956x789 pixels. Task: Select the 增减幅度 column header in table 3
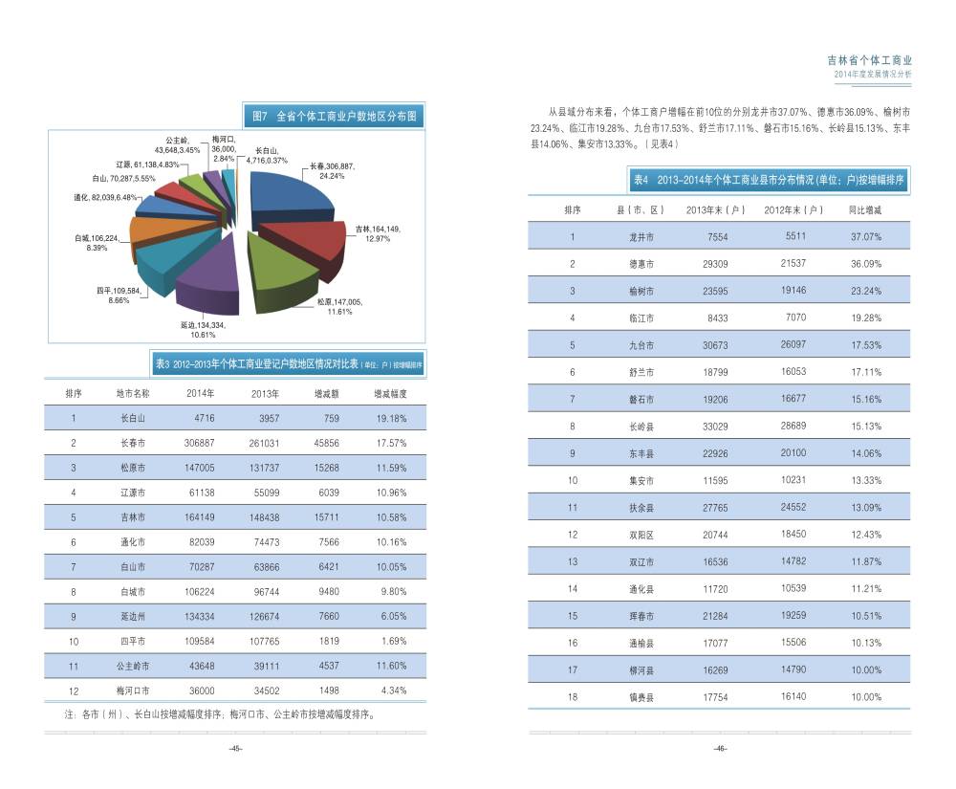(x=390, y=393)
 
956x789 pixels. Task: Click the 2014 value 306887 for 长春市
(x=200, y=443)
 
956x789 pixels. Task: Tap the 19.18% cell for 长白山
(x=391, y=418)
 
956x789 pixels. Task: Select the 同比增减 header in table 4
(x=865, y=209)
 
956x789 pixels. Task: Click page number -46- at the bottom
(x=720, y=749)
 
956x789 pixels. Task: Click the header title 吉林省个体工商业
(x=869, y=59)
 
